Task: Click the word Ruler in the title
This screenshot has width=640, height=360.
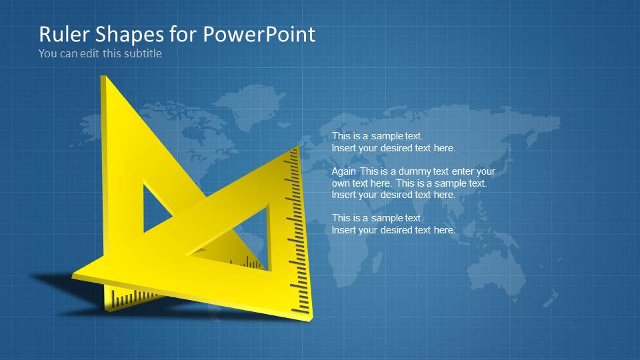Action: pyautogui.click(x=63, y=34)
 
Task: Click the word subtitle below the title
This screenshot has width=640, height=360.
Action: pyautogui.click(x=142, y=53)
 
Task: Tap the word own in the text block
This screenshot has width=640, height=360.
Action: pyautogui.click(x=341, y=183)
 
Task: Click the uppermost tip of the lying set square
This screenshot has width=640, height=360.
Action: pyautogui.click(x=297, y=147)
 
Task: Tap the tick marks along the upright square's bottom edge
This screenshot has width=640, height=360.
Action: pyautogui.click(x=133, y=297)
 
